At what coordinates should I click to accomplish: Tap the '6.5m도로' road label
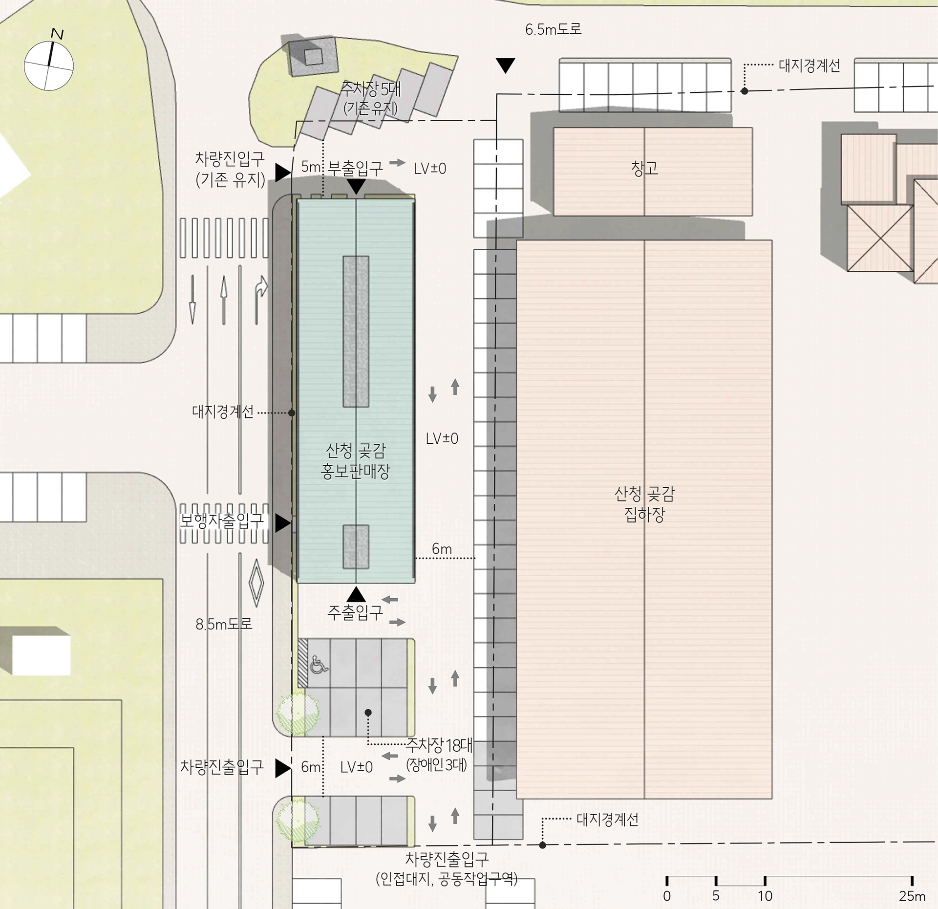click(x=553, y=29)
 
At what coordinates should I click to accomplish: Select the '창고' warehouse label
click(x=644, y=169)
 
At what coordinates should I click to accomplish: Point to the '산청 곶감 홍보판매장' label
click(x=356, y=460)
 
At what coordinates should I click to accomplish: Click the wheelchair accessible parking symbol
click(x=319, y=665)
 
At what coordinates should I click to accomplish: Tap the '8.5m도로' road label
click(x=224, y=624)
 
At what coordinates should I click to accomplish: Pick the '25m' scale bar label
click(x=912, y=896)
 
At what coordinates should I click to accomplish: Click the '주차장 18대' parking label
click(x=439, y=746)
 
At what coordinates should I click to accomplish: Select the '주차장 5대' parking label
click(x=371, y=89)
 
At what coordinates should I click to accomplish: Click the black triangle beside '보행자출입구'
click(x=283, y=523)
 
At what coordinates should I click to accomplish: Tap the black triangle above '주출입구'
click(x=356, y=594)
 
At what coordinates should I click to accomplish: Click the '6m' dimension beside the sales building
click(x=442, y=549)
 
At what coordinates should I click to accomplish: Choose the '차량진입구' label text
click(x=230, y=158)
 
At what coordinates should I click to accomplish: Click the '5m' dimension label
click(x=311, y=167)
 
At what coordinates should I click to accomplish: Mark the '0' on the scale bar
click(x=667, y=896)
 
